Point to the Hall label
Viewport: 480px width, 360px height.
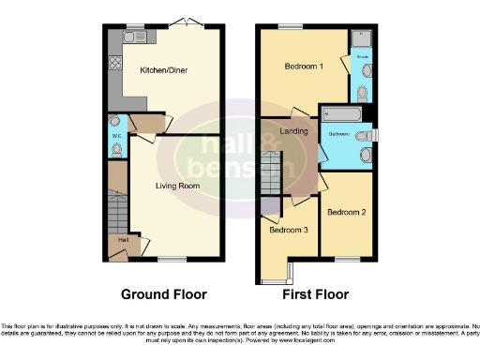123,240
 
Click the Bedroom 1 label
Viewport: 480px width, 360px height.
304,67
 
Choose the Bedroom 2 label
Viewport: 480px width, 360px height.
346,212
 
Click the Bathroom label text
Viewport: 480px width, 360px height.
338,134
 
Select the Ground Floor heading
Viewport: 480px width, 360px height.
163,294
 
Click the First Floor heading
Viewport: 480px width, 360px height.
313,294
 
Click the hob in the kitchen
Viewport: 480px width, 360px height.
115,65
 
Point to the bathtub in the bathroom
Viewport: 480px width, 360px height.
344,114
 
